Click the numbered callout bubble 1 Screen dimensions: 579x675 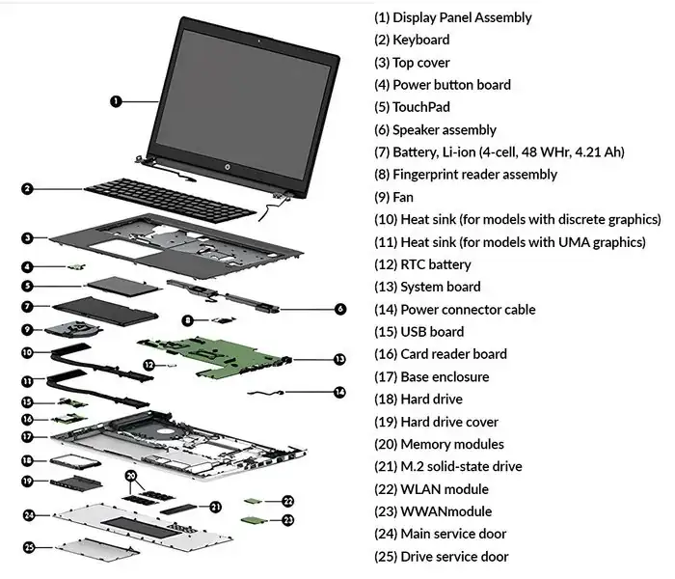(x=116, y=100)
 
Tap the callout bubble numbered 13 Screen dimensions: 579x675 (x=339, y=359)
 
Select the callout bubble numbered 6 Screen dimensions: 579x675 (x=340, y=309)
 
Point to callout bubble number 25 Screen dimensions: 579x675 (x=29, y=547)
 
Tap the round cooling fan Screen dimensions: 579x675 (x=72, y=330)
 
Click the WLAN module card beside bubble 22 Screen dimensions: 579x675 (x=254, y=501)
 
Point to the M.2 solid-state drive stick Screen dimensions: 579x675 (x=182, y=507)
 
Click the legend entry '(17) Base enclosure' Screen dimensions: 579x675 (x=431, y=376)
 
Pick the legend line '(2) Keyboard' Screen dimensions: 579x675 (x=412, y=41)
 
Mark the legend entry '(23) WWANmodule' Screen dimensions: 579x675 (x=433, y=511)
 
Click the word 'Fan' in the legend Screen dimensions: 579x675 (x=403, y=197)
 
